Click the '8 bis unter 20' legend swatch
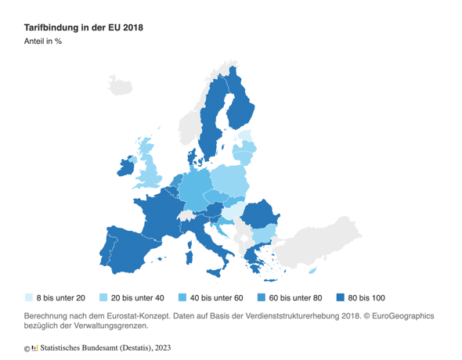29,297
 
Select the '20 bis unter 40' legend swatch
103,297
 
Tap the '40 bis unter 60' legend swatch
183,297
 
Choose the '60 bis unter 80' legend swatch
262,297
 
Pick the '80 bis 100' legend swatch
341,297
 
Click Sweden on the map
210,125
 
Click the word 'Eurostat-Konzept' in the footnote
149,316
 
